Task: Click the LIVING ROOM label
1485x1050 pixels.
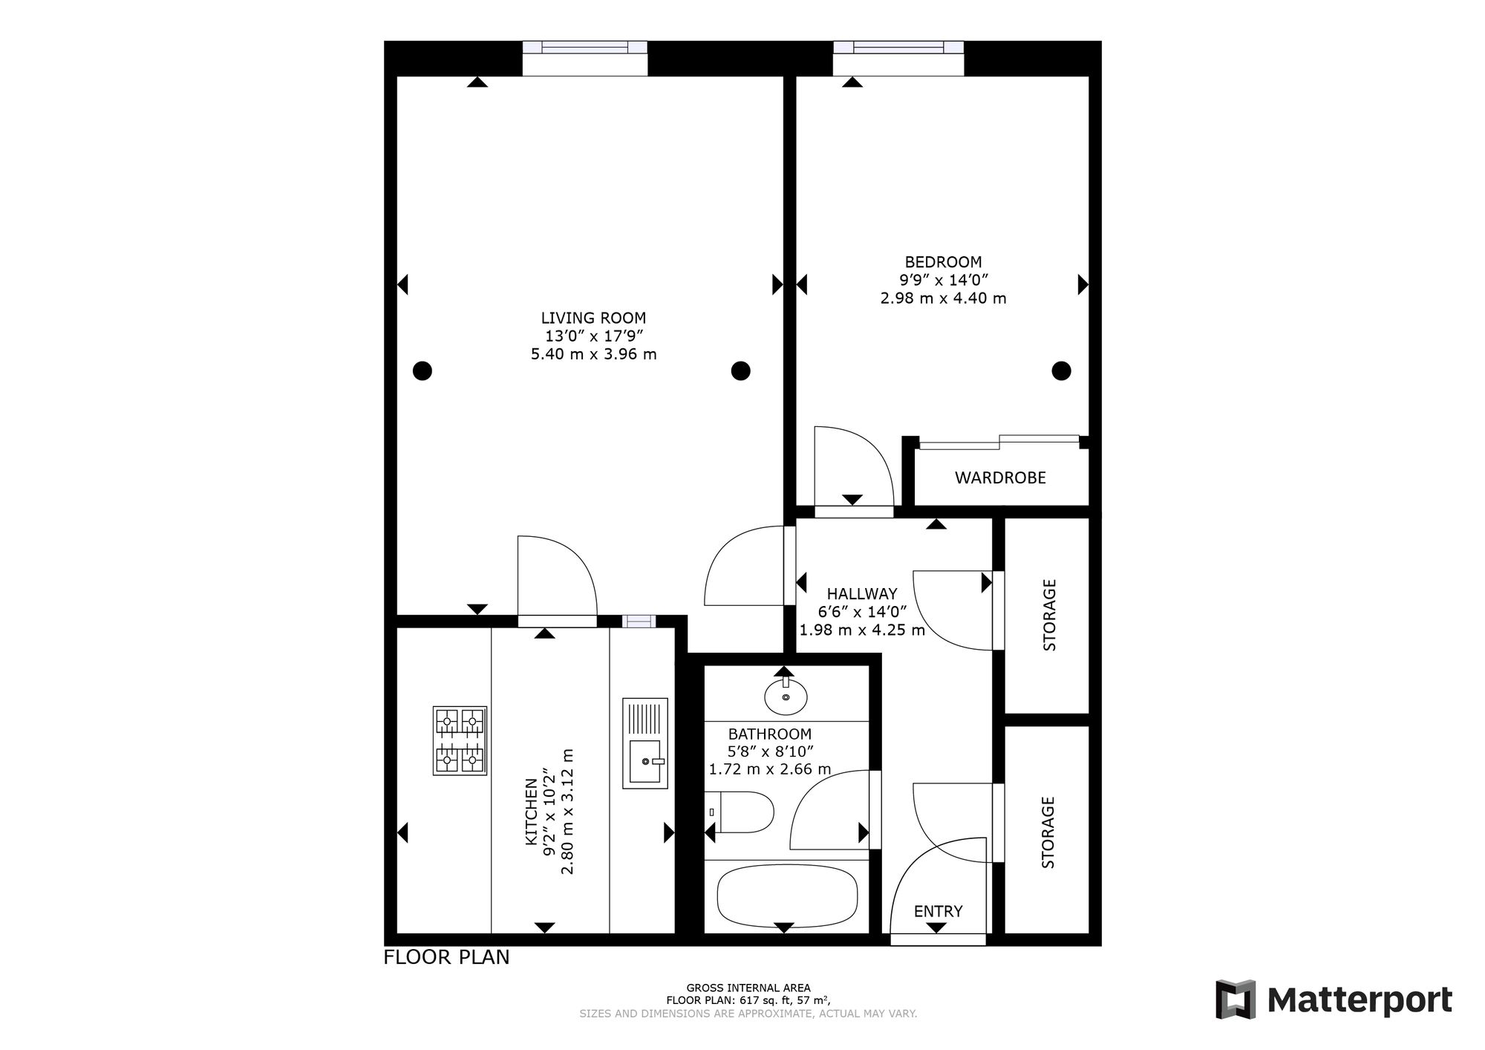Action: coord(593,318)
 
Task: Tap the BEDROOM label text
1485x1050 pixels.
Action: coord(943,262)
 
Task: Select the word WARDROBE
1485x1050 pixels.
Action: coord(1000,477)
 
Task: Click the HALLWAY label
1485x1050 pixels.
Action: coord(862,594)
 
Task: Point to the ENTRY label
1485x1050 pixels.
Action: coord(938,911)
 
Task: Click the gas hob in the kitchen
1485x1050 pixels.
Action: coord(460,741)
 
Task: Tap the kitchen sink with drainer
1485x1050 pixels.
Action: coord(645,743)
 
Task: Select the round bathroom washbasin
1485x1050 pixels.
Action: coord(786,695)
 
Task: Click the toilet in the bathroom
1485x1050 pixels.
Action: coord(739,812)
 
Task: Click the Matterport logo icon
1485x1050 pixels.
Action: coord(1235,1000)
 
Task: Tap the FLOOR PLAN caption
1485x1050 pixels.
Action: coord(446,957)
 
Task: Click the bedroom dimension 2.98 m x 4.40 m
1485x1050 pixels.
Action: coord(943,299)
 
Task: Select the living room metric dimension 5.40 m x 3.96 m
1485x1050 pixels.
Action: coord(593,354)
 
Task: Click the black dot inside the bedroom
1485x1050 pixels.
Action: coord(1062,370)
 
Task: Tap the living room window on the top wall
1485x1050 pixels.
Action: coord(585,48)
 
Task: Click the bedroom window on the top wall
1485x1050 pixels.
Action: coord(898,48)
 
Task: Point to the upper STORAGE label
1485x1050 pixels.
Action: coord(1049,615)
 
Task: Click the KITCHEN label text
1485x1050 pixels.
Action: coord(532,812)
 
